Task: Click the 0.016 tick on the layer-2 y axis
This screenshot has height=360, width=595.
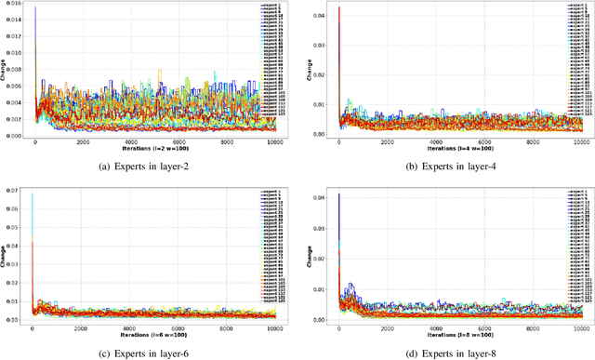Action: coord(13,5)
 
